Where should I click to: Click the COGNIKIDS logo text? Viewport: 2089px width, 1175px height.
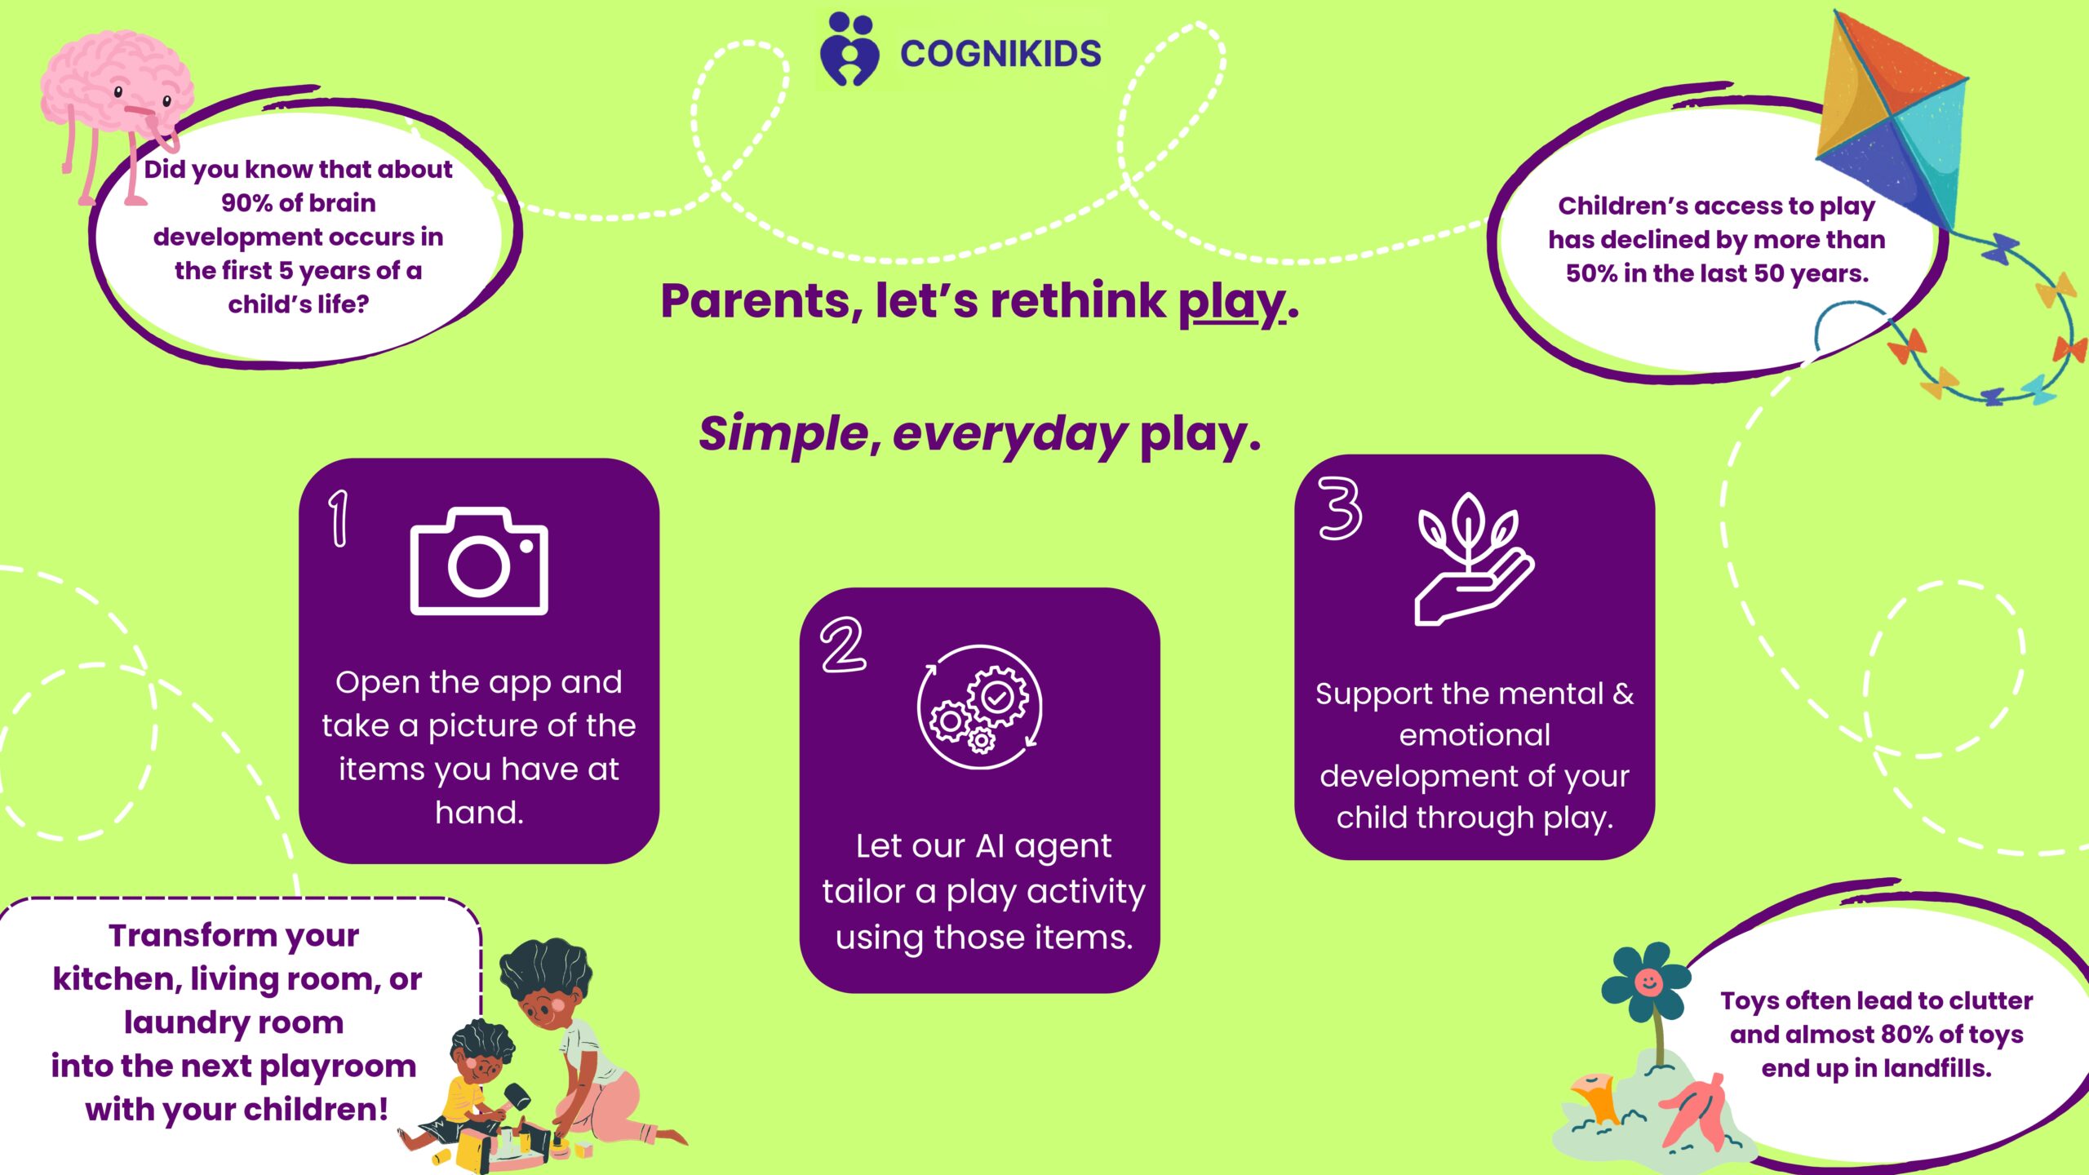1000,54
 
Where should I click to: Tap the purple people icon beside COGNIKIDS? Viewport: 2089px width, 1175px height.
849,49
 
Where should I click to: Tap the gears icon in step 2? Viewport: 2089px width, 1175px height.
980,707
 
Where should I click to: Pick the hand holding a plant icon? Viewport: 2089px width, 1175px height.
1473,559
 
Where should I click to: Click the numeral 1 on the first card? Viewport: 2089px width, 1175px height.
339,517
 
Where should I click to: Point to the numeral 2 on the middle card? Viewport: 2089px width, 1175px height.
843,645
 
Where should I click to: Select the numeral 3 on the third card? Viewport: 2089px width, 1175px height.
1340,508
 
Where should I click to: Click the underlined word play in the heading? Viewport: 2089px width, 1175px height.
1231,302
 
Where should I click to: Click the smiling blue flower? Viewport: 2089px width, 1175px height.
1646,982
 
